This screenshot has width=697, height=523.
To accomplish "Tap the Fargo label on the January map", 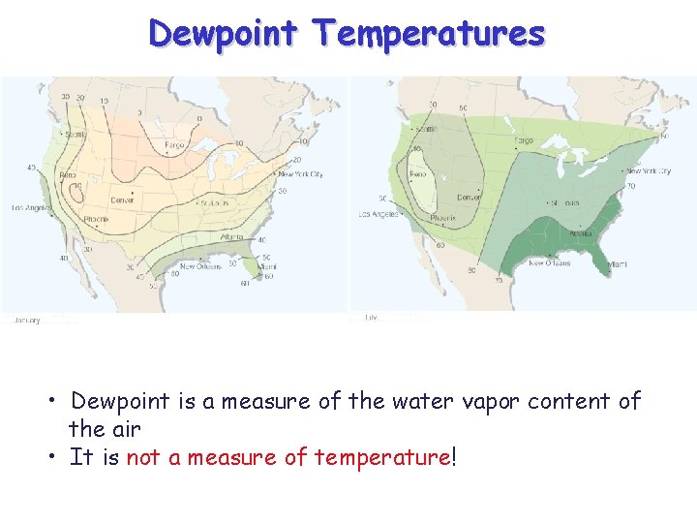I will (x=174, y=145).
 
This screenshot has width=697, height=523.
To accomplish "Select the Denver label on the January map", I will (x=123, y=200).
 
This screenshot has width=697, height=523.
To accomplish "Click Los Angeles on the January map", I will (x=31, y=208).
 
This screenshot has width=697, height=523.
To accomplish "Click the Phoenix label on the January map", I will (x=95, y=220).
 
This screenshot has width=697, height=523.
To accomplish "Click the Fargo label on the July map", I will (x=523, y=140).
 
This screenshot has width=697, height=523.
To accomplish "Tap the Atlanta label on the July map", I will (x=580, y=232).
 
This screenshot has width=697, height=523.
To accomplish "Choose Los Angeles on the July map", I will (x=379, y=214).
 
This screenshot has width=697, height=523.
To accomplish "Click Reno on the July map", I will (x=417, y=175).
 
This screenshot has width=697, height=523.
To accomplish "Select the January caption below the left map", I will (x=26, y=320).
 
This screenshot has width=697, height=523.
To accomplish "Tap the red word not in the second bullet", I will (x=142, y=457).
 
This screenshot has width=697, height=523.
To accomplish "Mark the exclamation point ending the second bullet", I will (x=452, y=456).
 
